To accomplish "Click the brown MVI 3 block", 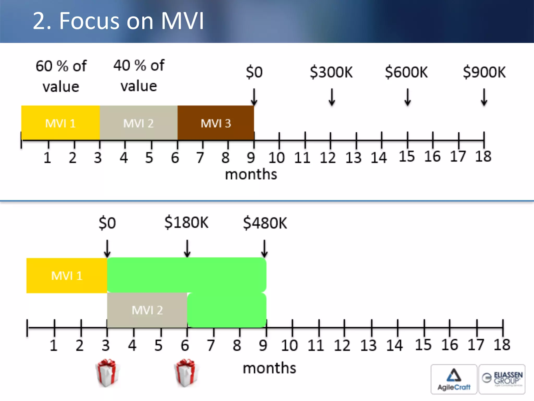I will click(x=216, y=123).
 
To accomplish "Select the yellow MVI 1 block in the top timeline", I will click(x=60, y=123).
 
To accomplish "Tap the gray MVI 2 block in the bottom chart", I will click(x=147, y=310).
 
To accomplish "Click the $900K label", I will click(x=484, y=72).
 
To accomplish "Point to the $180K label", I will click(x=186, y=223).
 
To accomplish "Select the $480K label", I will click(x=265, y=223).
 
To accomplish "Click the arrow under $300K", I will click(x=332, y=97).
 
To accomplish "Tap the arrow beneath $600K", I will click(x=408, y=97).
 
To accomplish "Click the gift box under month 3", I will click(x=107, y=373).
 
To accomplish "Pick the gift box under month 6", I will click(x=186, y=373).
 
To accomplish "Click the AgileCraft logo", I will click(x=454, y=379).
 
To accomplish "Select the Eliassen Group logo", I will click(x=502, y=379).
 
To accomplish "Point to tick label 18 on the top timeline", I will click(x=483, y=156).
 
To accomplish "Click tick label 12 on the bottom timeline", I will click(x=342, y=345).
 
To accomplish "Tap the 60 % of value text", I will click(x=61, y=76).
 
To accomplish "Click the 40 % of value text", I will click(x=139, y=75).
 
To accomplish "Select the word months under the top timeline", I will click(x=251, y=174).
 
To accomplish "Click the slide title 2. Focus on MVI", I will click(x=118, y=21).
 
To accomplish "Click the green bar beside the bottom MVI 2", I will click(x=227, y=310).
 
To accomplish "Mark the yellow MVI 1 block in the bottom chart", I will click(x=67, y=276).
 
